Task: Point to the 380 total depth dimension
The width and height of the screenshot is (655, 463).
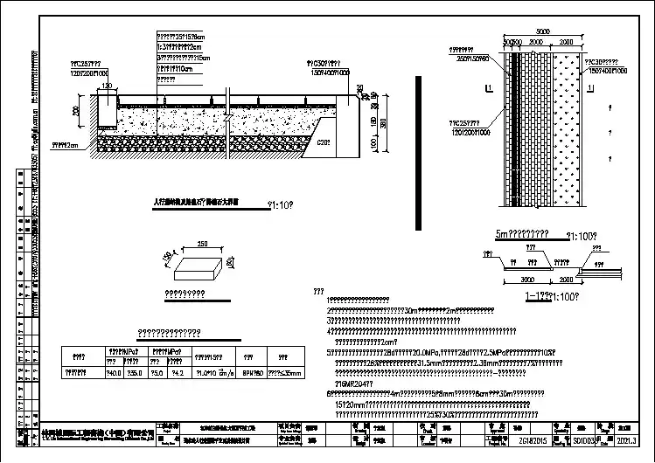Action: pos(383,124)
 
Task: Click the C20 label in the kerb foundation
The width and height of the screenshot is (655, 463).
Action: pos(323,142)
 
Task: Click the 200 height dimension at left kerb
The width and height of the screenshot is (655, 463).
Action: pos(77,112)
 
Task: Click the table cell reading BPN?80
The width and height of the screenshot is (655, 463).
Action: pos(248,372)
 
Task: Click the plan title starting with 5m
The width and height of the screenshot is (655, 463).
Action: pos(523,234)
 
